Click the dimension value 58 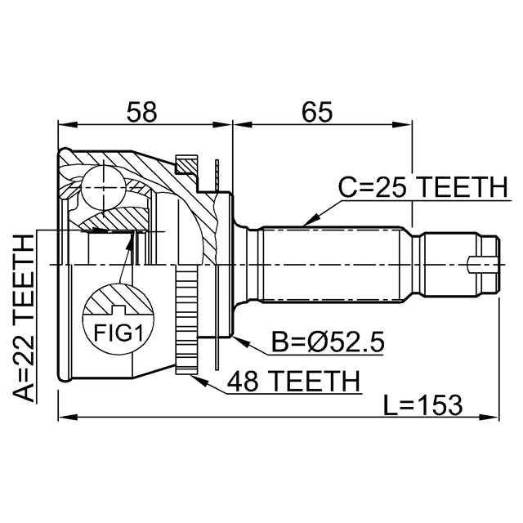point(144,111)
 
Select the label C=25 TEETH point(422,188)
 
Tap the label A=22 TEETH point(25,318)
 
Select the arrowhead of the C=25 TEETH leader point(304,223)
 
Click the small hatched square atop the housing point(186,165)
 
